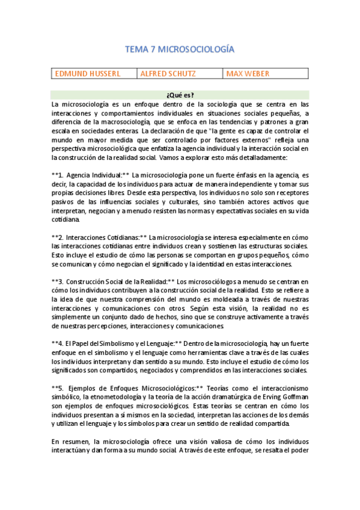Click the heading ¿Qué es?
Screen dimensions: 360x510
[180, 95]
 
